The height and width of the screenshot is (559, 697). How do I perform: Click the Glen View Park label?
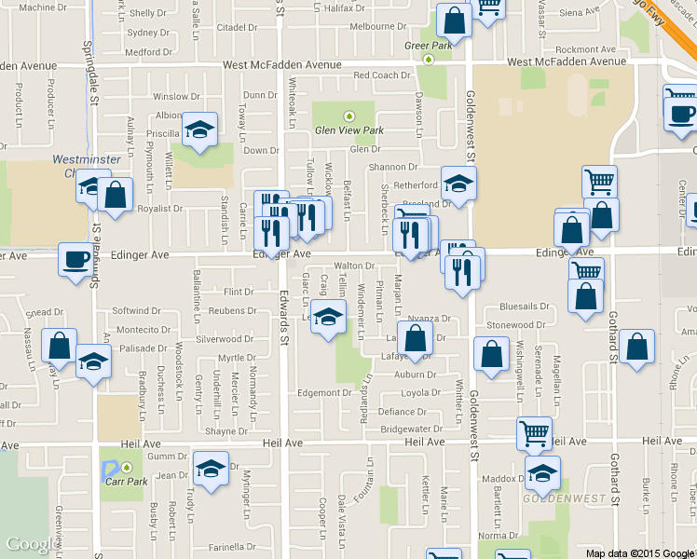pos(348,130)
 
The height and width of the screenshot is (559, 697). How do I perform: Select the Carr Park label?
pos(126,482)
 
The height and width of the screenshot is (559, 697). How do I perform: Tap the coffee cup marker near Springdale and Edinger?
pos(75,259)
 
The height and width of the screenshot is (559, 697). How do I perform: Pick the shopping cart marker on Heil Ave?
pos(534,432)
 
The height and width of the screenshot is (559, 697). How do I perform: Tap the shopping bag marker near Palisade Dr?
pos(60,345)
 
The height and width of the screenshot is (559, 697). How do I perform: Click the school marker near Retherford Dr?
pos(458,184)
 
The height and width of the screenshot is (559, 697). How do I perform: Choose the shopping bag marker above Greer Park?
pos(453,19)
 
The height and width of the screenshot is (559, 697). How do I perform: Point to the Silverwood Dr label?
pos(225,340)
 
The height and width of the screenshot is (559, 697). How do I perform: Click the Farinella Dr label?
pos(232,547)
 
